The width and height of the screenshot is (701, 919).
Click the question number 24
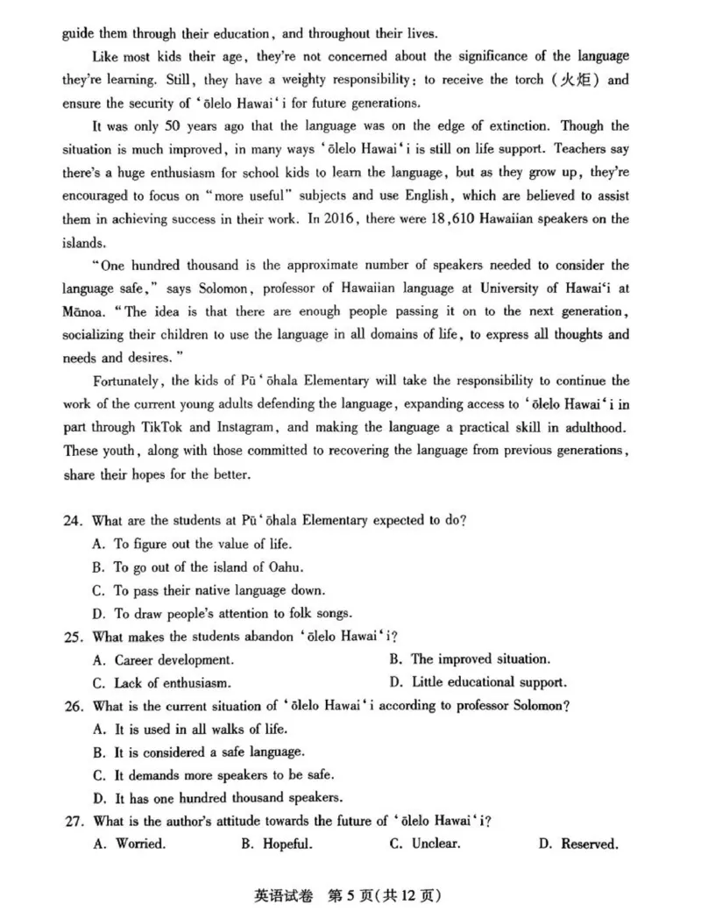pyautogui.click(x=72, y=520)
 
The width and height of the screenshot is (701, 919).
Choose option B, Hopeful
pyautogui.click(x=276, y=844)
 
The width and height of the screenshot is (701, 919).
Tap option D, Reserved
pyautogui.click(x=578, y=844)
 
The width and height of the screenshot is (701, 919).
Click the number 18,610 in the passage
pyautogui.click(x=411, y=219)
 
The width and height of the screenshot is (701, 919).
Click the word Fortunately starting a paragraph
pyautogui.click(x=128, y=381)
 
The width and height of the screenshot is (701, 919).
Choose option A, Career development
pyautogui.click(x=163, y=659)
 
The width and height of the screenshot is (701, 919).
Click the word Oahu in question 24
pyautogui.click(x=280, y=566)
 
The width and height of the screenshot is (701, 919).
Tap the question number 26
pyautogui.click(x=72, y=706)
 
